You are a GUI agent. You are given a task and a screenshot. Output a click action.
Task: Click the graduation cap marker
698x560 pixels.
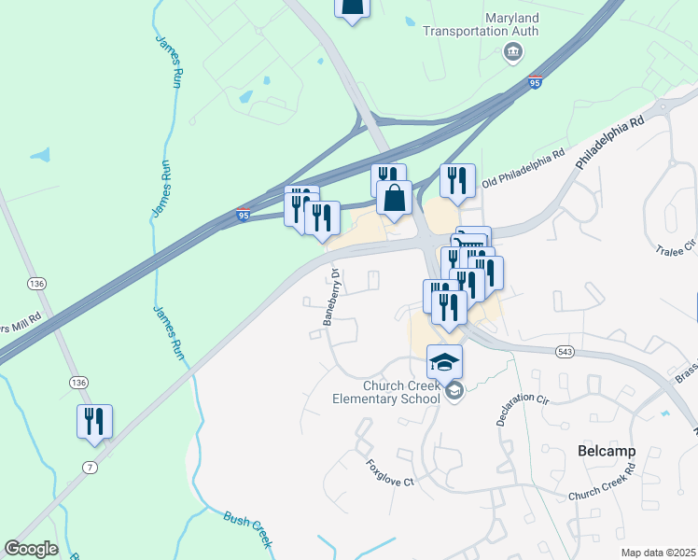point(445,360)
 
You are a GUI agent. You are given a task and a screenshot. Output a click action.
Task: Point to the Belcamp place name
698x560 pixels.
point(607,451)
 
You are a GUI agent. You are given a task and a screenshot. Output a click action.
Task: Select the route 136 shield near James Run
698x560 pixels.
point(36,283)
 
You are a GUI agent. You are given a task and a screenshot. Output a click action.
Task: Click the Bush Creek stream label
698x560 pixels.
point(247,528)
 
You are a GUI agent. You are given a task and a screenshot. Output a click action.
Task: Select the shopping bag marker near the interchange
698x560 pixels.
point(394,198)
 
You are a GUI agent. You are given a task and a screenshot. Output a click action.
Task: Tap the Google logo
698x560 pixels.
point(31,549)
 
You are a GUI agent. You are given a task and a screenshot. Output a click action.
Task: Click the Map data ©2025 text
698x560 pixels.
point(658,553)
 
